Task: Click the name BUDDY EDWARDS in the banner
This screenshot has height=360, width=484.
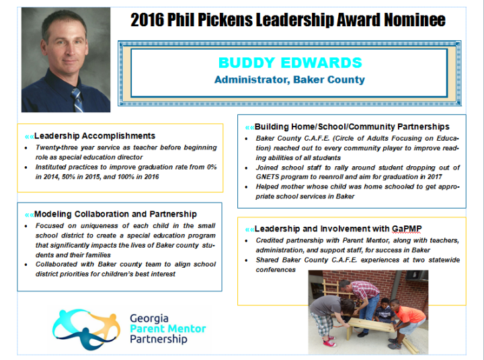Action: pyautogui.click(x=290, y=63)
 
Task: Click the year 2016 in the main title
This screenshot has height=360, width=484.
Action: pyautogui.click(x=147, y=20)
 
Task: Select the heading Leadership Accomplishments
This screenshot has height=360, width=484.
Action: pyautogui.click(x=95, y=136)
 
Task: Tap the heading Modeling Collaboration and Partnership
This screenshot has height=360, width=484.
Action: pyautogui.click(x=116, y=214)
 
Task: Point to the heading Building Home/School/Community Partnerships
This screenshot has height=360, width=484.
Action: pyautogui.click(x=352, y=127)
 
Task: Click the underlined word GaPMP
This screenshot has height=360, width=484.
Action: pyautogui.click(x=407, y=229)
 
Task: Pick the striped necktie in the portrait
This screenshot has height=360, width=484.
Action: pyautogui.click(x=77, y=100)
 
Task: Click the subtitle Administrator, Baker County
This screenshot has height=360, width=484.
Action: pyautogui.click(x=290, y=79)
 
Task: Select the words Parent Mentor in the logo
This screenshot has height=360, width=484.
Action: pyautogui.click(x=168, y=328)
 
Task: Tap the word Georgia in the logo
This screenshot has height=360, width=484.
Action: pyautogui.click(x=149, y=318)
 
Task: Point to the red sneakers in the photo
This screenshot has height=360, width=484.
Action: pyautogui.click(x=328, y=341)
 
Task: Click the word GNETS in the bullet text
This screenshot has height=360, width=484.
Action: pyautogui.click(x=266, y=177)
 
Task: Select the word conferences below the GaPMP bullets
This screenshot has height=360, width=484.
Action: pyautogui.click(x=276, y=270)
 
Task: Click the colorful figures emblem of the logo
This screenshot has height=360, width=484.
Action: pyautogui.click(x=87, y=329)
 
